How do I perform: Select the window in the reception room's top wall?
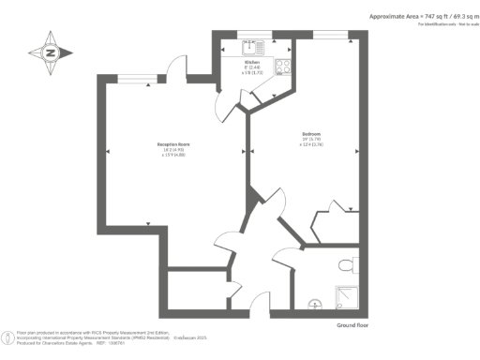[x=134, y=80]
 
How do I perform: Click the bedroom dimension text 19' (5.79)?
[x=311, y=140]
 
